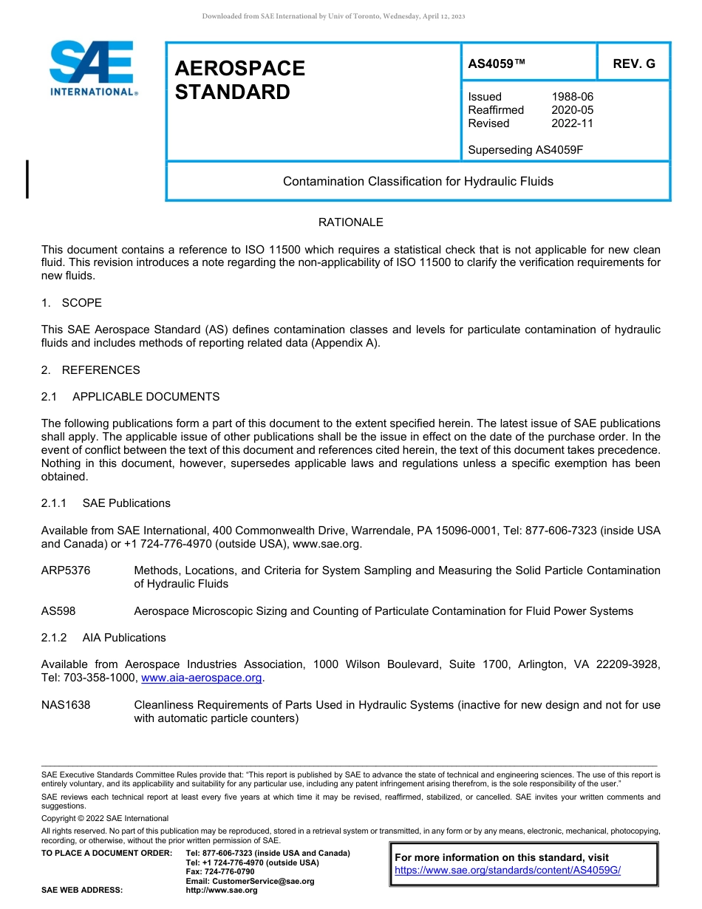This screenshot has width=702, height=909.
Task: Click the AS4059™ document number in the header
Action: (x=497, y=64)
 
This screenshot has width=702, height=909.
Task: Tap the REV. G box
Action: (x=633, y=64)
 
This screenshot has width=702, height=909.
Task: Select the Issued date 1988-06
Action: (x=572, y=97)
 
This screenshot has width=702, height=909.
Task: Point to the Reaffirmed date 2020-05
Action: (x=572, y=110)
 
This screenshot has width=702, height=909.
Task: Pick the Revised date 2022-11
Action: (x=572, y=123)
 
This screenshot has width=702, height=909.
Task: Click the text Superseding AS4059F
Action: (x=525, y=150)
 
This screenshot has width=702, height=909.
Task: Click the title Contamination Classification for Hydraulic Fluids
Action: (x=418, y=181)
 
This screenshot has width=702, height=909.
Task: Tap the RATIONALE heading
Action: (x=350, y=222)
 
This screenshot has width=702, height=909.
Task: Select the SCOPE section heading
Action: (x=81, y=303)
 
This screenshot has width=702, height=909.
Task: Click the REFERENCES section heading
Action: (x=100, y=370)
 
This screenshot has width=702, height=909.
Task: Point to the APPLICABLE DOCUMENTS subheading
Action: (x=146, y=397)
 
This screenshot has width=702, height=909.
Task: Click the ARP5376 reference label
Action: (x=66, y=571)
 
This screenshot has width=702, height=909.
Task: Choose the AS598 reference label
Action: (x=58, y=611)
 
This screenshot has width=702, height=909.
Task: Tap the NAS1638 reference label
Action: (x=66, y=705)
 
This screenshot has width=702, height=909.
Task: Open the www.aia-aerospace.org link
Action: (x=201, y=678)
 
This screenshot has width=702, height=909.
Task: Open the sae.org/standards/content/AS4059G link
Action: (x=508, y=871)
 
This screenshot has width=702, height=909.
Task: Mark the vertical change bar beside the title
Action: (x=27, y=179)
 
